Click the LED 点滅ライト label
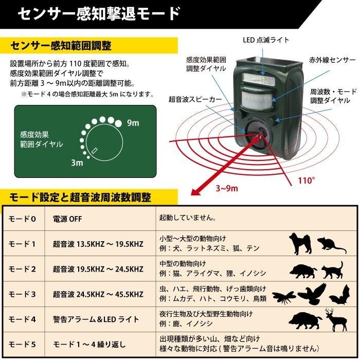266,40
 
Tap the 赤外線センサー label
332,60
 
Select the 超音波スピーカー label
195,99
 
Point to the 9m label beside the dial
133,123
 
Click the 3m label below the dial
77,163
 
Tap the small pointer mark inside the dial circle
95,151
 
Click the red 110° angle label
307,181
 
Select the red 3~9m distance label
227,188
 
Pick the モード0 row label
22,219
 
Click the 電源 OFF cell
67,219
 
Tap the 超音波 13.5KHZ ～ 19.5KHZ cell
98,244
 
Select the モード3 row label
22,294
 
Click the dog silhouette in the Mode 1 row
300,243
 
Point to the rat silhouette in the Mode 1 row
331,245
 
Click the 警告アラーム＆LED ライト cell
96,319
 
